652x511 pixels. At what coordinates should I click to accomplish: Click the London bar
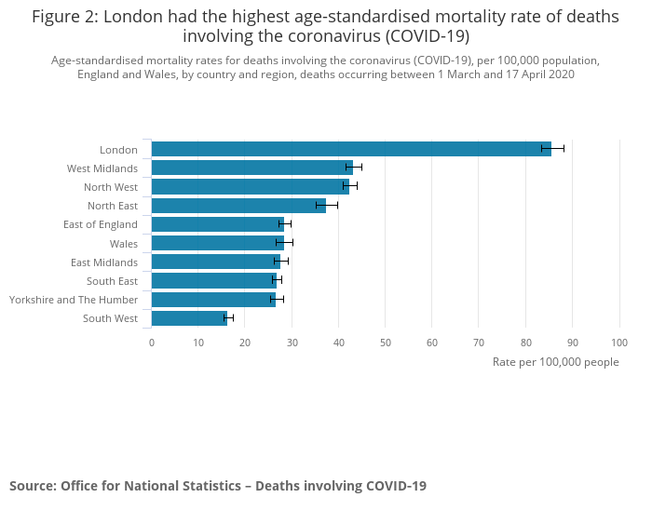click(x=350, y=149)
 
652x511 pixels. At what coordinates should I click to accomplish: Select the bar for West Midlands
click(x=251, y=168)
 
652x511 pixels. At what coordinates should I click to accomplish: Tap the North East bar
click(x=238, y=206)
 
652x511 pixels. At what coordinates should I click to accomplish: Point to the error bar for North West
click(x=350, y=186)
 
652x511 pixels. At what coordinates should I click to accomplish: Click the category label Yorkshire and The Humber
click(x=74, y=300)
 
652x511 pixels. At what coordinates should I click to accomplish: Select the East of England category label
click(x=101, y=224)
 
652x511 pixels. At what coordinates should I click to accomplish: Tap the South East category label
click(x=112, y=281)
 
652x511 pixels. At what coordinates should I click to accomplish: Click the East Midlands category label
click(x=104, y=262)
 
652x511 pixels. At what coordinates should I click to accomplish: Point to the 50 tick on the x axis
click(x=386, y=343)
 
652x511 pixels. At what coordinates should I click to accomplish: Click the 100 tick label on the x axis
click(x=619, y=343)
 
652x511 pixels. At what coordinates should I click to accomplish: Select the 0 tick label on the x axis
click(x=152, y=343)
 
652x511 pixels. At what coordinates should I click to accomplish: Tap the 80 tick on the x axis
click(x=525, y=343)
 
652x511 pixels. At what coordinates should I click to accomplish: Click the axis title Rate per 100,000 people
click(x=555, y=362)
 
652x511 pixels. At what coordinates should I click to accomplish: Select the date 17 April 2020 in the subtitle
click(x=531, y=74)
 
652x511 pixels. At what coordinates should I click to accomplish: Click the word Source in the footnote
click(x=32, y=486)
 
